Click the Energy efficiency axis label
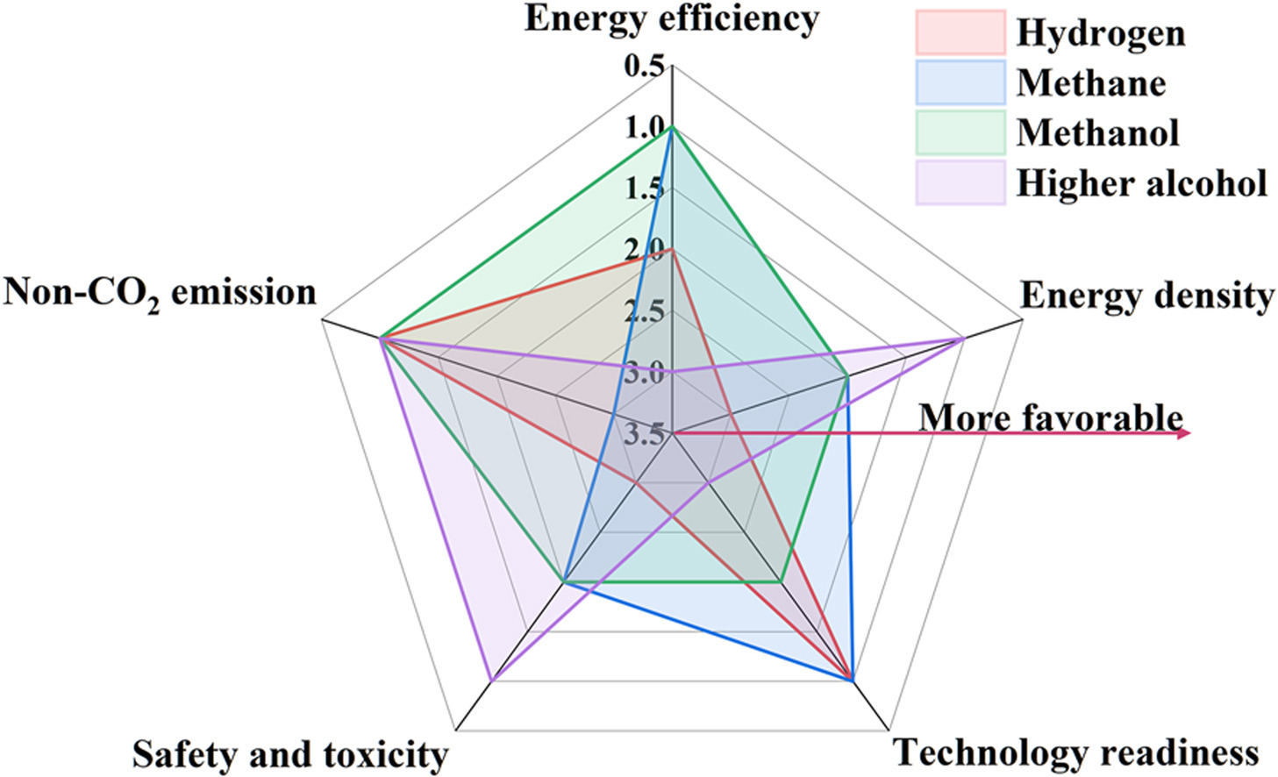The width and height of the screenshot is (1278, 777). tap(671, 18)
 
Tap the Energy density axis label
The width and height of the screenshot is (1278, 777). tap(1146, 296)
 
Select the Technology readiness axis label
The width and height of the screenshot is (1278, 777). tap(1075, 752)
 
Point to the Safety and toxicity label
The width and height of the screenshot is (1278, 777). tap(289, 754)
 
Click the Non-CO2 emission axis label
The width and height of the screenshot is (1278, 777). tap(160, 293)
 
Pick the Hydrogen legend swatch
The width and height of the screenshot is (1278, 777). tap(960, 32)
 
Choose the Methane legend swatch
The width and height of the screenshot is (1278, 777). tap(960, 82)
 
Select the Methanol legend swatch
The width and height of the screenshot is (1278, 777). tap(960, 132)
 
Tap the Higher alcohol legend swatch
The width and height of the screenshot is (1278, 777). tap(960, 182)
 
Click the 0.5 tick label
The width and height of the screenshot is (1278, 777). tap(644, 67)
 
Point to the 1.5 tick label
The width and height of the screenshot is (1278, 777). tap(644, 189)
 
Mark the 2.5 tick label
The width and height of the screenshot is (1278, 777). tap(644, 311)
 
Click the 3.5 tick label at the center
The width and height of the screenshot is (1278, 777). tap(644, 434)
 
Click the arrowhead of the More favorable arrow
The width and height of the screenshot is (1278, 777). tap(1184, 432)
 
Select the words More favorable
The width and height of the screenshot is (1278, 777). tap(1051, 417)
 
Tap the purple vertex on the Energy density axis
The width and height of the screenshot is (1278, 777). tap(964, 338)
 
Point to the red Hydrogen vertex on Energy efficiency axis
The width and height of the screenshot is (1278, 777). tap(672, 250)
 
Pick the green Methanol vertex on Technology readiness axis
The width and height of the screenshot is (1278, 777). tap(780, 581)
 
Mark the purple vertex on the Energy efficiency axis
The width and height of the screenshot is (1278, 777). tap(672, 372)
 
